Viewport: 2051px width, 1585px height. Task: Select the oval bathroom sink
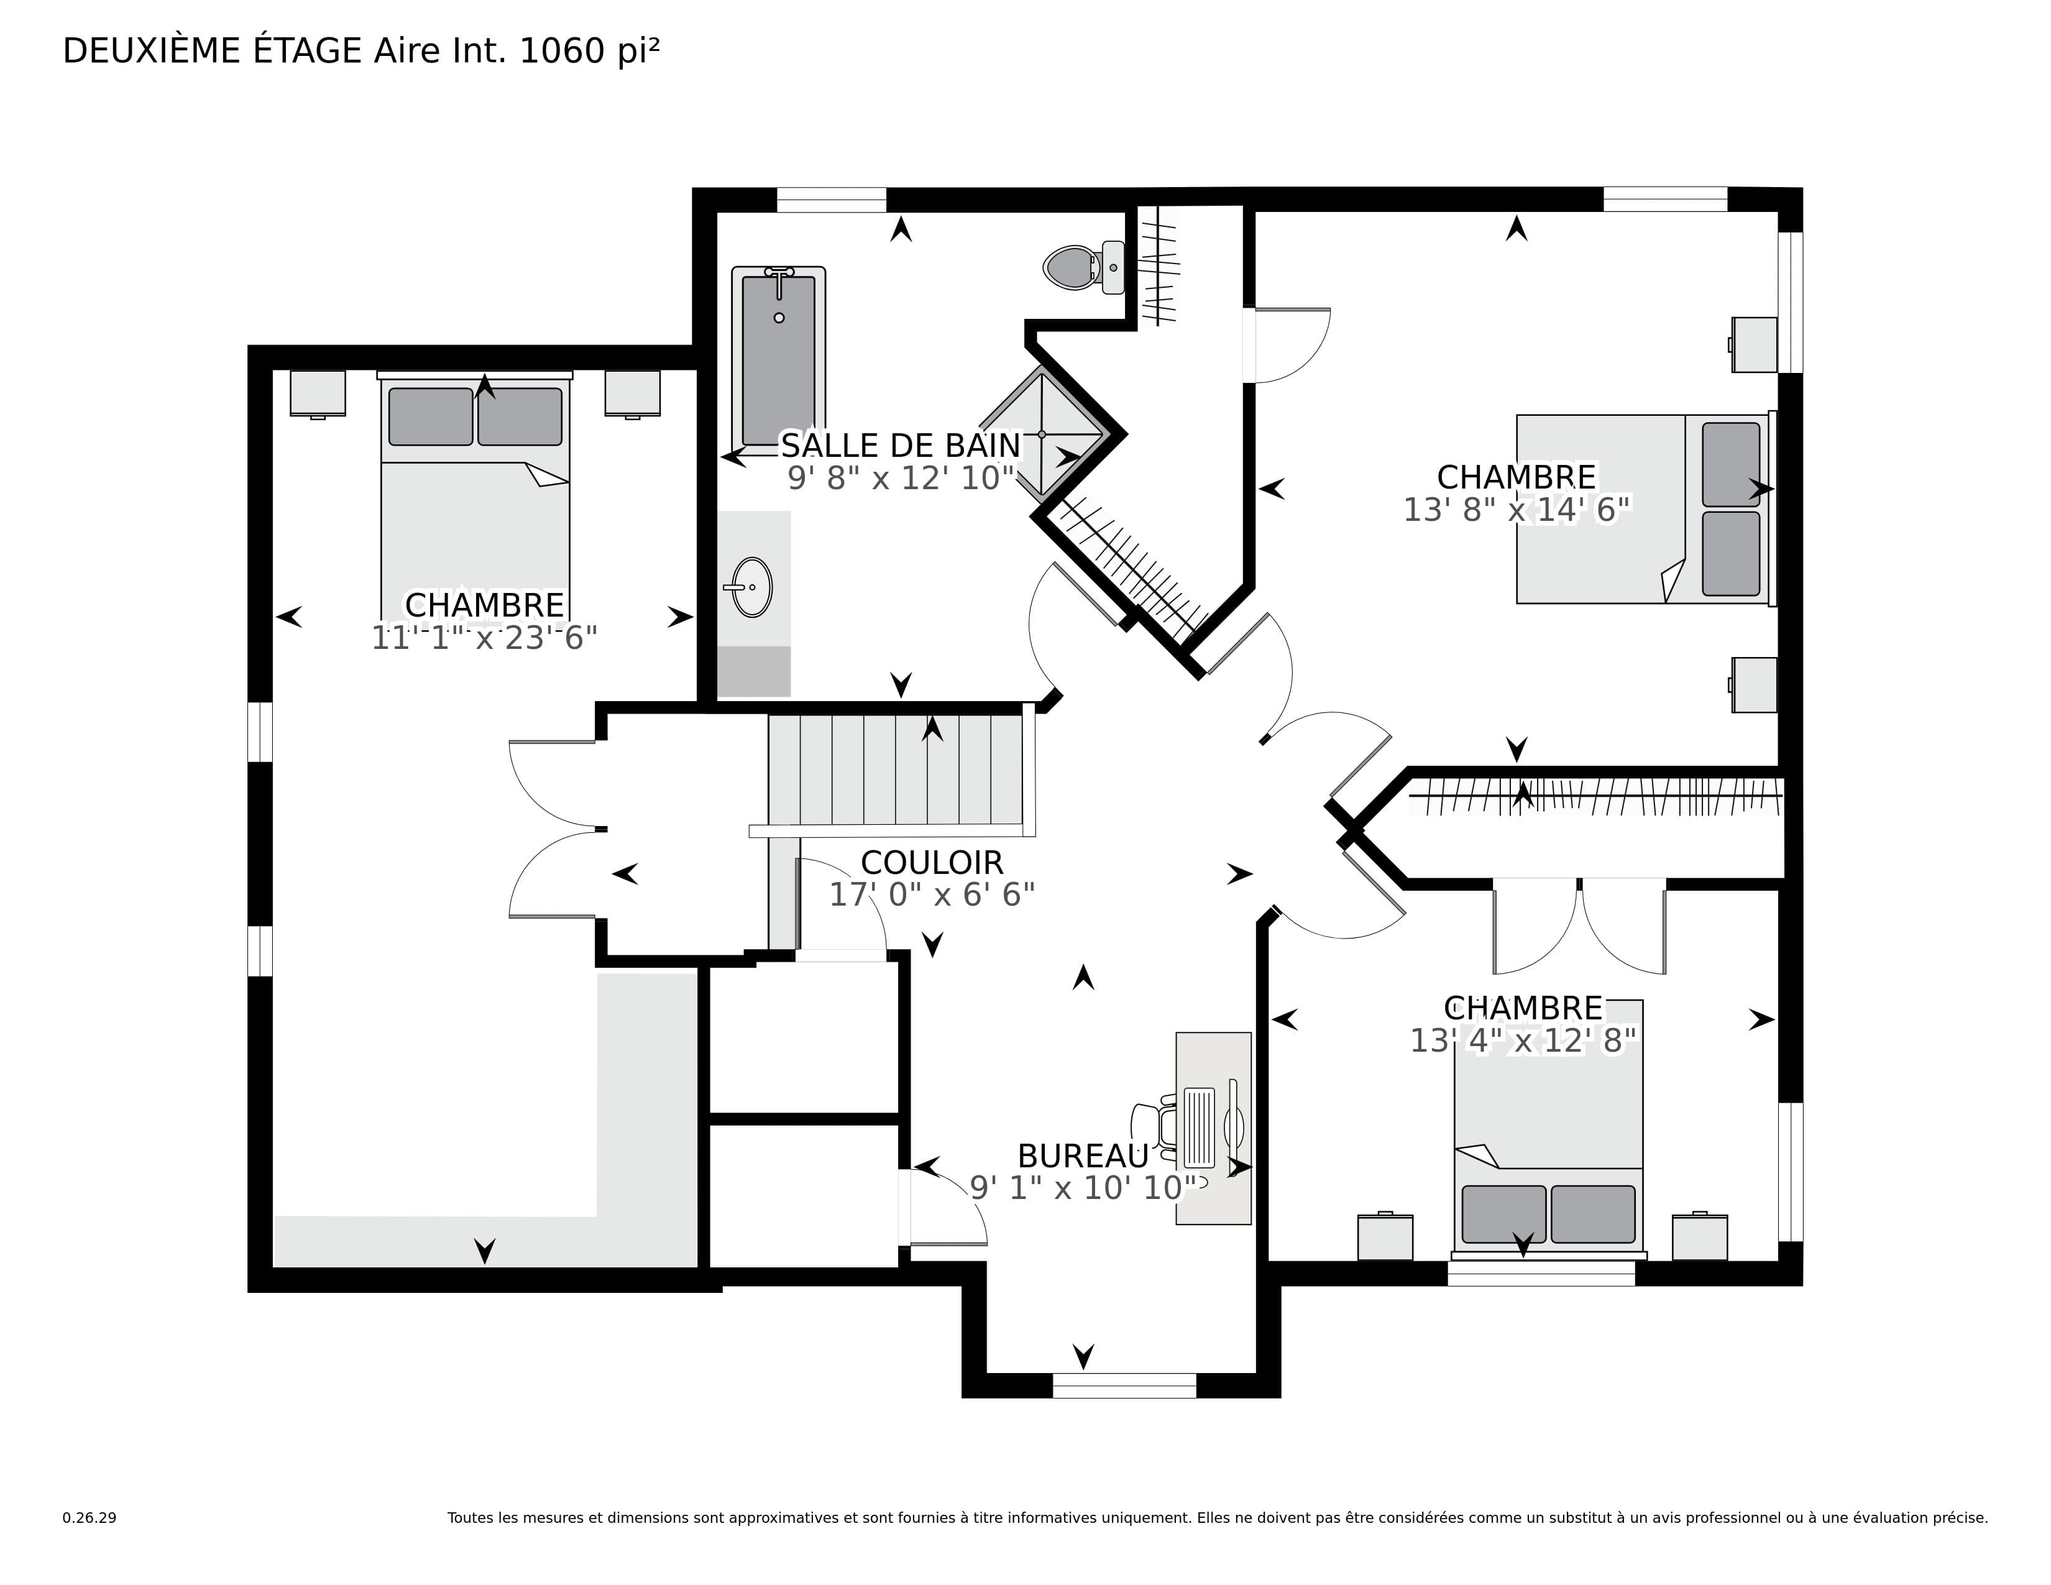tap(751, 587)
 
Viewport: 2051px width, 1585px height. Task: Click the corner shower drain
tap(1042, 434)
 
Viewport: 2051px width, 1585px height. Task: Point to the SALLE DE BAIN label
tap(901, 444)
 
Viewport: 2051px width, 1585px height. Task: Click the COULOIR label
tap(932, 862)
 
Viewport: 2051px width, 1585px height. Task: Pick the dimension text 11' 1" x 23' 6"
tap(485, 638)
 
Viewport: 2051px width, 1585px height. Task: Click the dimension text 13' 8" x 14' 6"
tap(1516, 510)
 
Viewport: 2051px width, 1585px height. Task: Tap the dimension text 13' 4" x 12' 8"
tap(1523, 1041)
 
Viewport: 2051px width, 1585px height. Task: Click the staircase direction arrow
tap(932, 728)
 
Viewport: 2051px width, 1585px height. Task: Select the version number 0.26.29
tap(89, 1517)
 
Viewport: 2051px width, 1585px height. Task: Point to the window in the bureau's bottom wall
tap(1124, 1386)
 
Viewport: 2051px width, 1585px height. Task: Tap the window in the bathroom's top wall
tap(831, 200)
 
